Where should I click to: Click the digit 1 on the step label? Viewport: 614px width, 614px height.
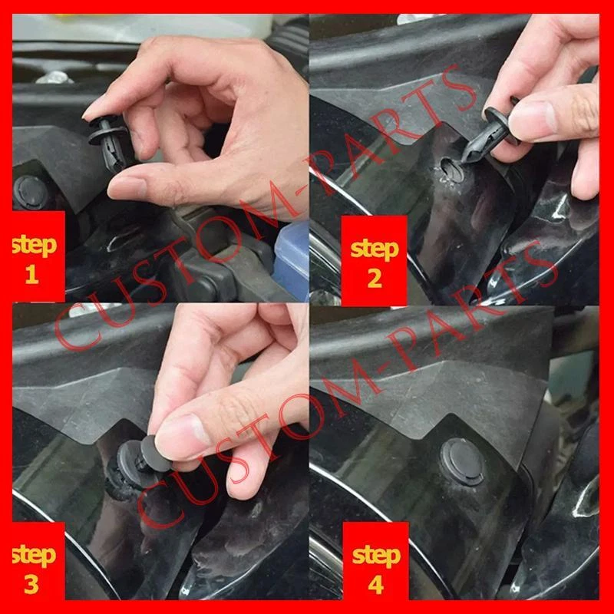[x=31, y=275]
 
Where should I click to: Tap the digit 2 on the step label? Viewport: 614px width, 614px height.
[x=375, y=279]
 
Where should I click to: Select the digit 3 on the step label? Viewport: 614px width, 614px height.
[x=31, y=585]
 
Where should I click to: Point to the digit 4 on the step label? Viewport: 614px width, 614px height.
[x=375, y=586]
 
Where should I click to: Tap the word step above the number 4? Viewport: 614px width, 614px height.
[x=376, y=556]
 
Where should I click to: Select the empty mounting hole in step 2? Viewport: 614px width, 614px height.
[x=451, y=170]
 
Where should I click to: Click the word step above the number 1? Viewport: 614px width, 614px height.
[x=35, y=245]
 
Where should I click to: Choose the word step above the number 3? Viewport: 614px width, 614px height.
[x=35, y=555]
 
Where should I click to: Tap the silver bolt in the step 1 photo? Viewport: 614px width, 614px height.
[x=54, y=78]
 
